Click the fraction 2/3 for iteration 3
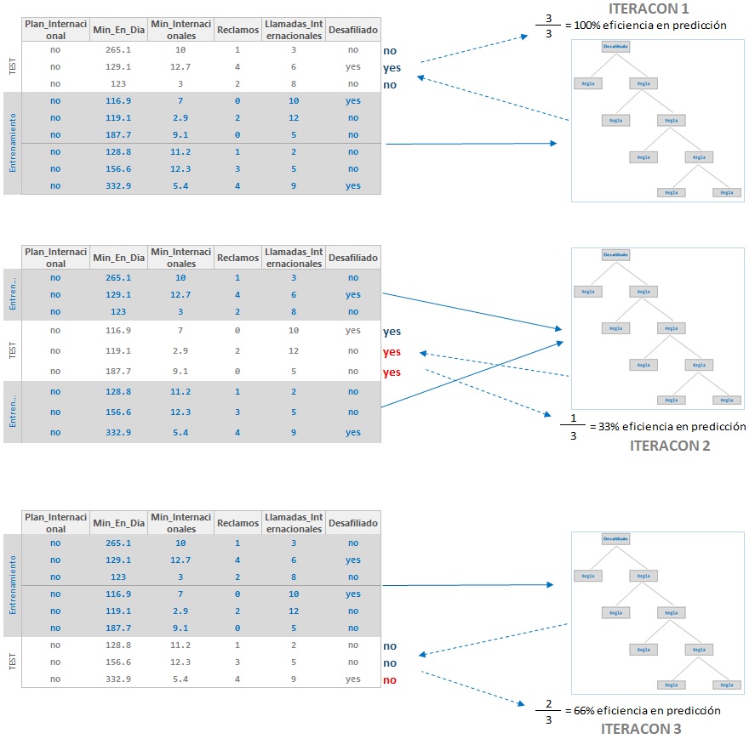pos(547,711)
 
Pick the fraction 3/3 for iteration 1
pos(548,26)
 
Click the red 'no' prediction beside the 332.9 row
pos(390,680)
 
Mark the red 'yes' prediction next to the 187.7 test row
pos(392,372)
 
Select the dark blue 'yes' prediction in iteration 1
pos(392,68)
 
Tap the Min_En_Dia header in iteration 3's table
pos(118,523)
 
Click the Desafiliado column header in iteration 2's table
pos(352,258)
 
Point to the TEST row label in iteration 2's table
pos(13,350)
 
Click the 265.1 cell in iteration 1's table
pos(118,50)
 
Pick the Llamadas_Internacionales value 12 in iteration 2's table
pos(294,351)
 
